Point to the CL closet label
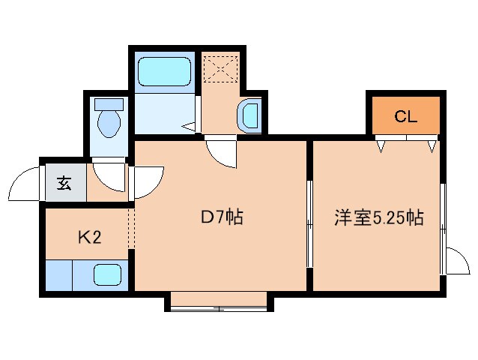coord(405,116)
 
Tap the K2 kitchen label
coord(89,238)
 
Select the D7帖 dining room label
coord(221,218)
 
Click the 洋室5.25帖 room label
coord(378,218)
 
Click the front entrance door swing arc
coord(24,184)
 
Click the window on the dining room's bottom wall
coord(219,304)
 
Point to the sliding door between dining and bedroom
coord(309,223)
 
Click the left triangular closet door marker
coord(382,145)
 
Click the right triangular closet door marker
coord(432,145)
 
